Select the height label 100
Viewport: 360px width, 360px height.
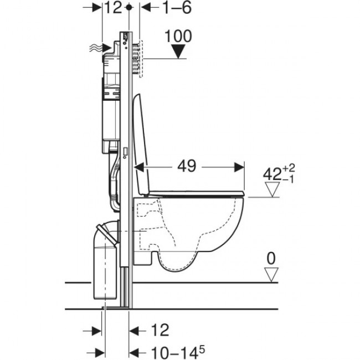178,37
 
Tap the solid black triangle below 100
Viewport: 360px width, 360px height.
178,53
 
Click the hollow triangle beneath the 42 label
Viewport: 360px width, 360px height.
271,191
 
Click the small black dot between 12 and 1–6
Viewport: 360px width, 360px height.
130,8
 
